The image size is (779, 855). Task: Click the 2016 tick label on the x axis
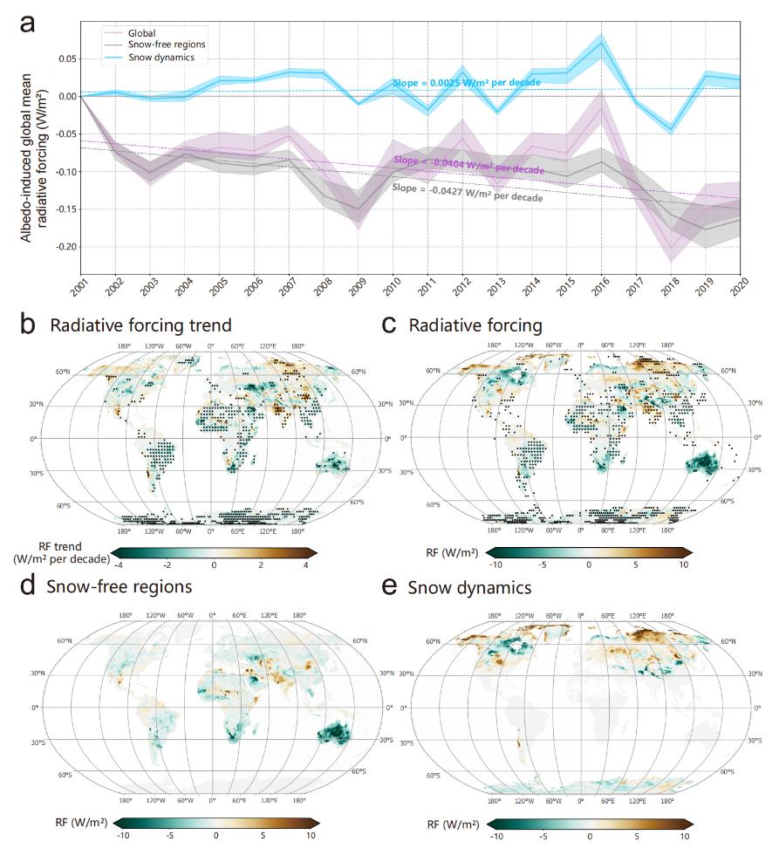602,286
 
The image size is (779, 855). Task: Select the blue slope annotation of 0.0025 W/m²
466,82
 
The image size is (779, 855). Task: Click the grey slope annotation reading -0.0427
468,193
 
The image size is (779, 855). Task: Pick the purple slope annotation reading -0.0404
469,163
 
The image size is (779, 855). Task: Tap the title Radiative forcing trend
140,325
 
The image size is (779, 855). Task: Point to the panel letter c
392,325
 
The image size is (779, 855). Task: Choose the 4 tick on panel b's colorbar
305,566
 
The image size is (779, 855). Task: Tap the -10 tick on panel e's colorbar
496,836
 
